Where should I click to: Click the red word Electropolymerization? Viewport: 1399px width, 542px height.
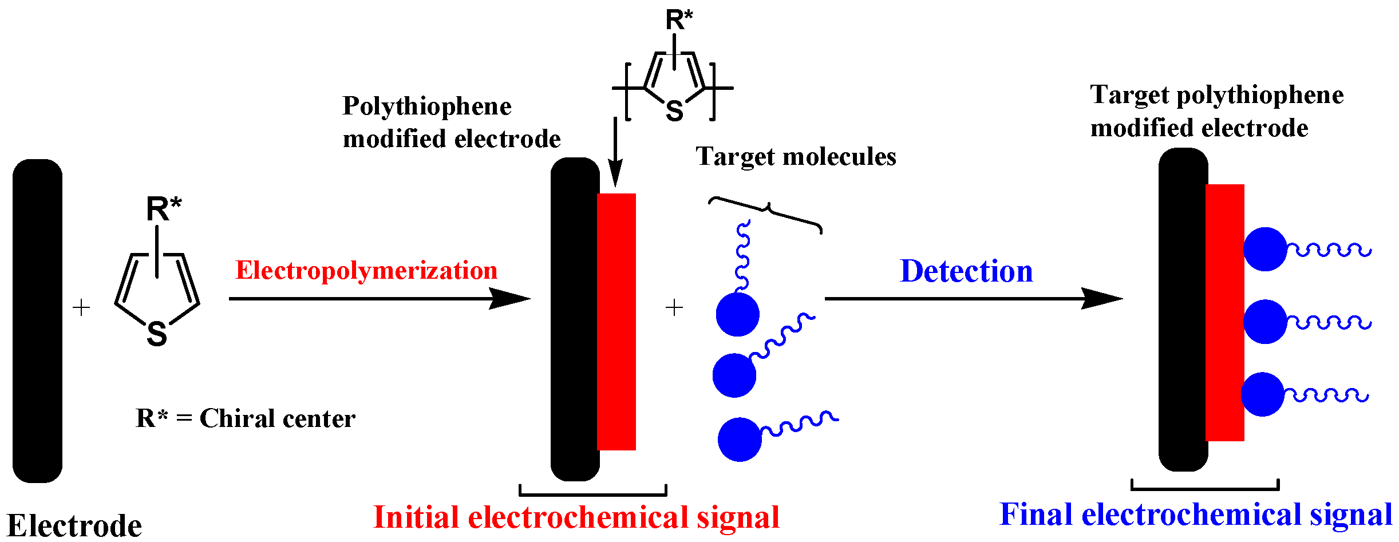tap(366, 270)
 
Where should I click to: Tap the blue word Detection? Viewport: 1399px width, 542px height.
tap(966, 271)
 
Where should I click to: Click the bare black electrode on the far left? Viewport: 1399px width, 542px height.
tap(37, 321)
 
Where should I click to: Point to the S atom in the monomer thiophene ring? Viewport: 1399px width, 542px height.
tap(157, 334)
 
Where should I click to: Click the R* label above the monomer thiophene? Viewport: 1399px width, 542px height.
tap(164, 209)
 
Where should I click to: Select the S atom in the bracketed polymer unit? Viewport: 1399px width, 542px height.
tap(674, 110)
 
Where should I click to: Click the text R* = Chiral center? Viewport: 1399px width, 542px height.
tap(246, 418)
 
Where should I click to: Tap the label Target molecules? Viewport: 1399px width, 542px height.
tap(796, 156)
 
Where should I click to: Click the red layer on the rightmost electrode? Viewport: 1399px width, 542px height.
tap(1224, 312)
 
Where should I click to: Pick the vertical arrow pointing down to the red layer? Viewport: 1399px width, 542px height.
tap(615, 152)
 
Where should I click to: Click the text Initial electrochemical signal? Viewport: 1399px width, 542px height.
tap(576, 517)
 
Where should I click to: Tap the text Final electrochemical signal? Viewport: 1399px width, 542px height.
tap(1196, 514)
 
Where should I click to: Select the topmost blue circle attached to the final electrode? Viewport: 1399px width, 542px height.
tap(1265, 250)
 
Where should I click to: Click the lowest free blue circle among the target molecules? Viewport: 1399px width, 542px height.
tap(740, 440)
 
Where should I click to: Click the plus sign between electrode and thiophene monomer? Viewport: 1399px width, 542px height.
tap(82, 308)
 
